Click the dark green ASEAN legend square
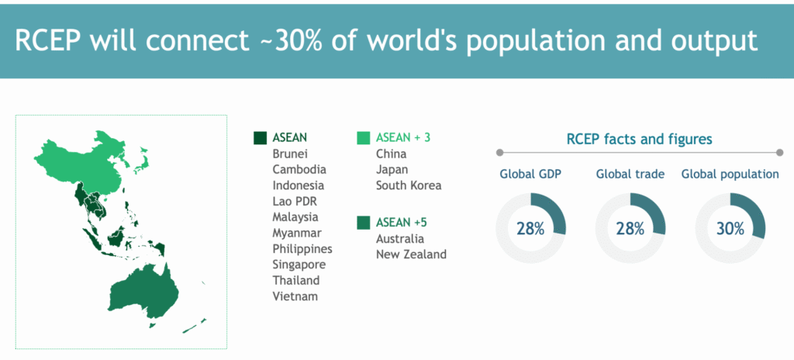(x=260, y=138)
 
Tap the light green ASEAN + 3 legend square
(x=363, y=138)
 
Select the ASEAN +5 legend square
(x=363, y=223)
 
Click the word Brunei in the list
(x=290, y=154)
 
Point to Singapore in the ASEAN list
(x=299, y=265)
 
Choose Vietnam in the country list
(x=295, y=296)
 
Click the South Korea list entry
(x=408, y=185)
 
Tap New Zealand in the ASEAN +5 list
(x=411, y=254)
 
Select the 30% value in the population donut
(x=730, y=229)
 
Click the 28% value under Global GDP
(x=530, y=229)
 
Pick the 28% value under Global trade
(x=630, y=229)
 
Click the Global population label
(x=730, y=175)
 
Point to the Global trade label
(x=630, y=175)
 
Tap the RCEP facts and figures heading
(x=640, y=139)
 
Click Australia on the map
(x=143, y=290)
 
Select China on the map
(x=86, y=162)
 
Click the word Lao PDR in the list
(x=294, y=201)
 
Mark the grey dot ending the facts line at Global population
(x=779, y=152)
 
